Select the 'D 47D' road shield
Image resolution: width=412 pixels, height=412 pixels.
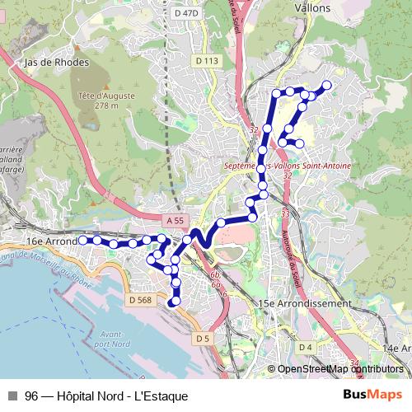[187, 13]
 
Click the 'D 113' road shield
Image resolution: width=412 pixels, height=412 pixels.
[207, 61]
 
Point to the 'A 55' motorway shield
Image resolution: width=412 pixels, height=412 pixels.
[174, 221]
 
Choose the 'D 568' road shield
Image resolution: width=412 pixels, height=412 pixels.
[140, 300]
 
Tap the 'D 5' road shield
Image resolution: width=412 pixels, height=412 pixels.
[204, 338]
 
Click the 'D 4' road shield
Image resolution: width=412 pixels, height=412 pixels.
[305, 347]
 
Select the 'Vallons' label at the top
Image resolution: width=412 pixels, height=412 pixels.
[312, 8]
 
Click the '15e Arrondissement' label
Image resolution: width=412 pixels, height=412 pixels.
[304, 303]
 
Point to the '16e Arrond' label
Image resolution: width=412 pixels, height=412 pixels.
[51, 241]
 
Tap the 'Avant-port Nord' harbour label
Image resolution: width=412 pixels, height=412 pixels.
[110, 338]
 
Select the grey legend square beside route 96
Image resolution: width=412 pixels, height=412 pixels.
[12, 396]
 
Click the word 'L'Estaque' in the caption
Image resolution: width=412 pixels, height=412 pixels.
[163, 396]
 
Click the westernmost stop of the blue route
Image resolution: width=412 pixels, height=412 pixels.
[83, 240]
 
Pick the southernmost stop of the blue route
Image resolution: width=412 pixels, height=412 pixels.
[173, 302]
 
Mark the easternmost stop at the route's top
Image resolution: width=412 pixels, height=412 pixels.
[326, 85]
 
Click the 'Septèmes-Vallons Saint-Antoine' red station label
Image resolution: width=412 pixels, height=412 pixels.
[288, 166]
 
